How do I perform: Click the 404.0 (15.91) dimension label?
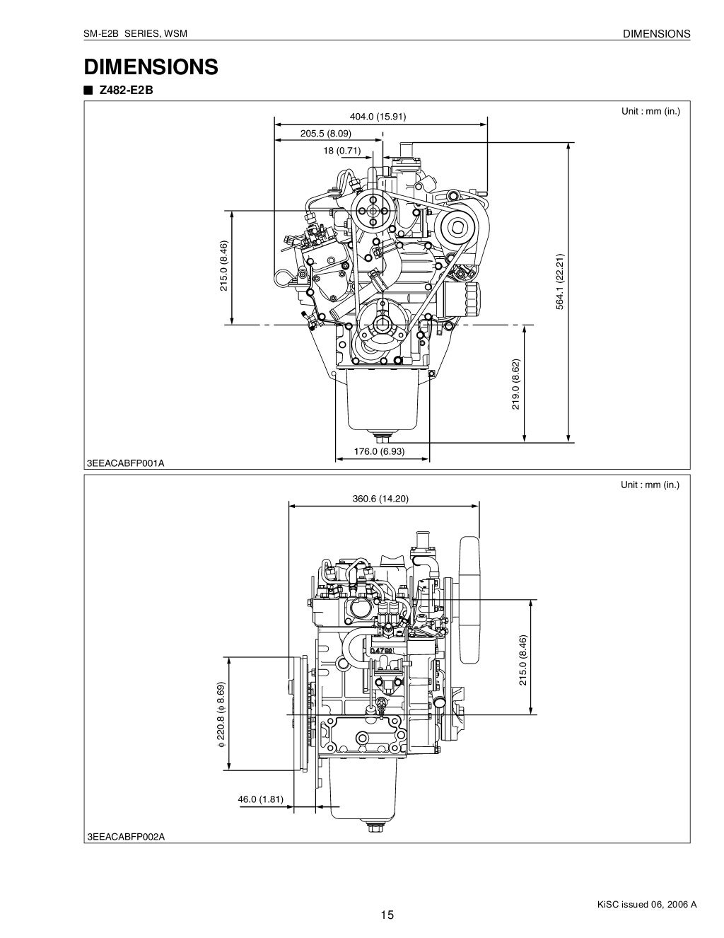(x=378, y=117)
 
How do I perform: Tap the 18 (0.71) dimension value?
(x=342, y=150)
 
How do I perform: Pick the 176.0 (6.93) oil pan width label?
(x=380, y=451)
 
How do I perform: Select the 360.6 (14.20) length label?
(x=380, y=499)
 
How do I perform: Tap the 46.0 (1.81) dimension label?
(x=260, y=800)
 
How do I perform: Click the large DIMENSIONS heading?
(x=151, y=67)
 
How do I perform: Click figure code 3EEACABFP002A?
(x=125, y=837)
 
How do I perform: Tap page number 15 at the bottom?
(x=387, y=915)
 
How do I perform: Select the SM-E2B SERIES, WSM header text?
(x=135, y=34)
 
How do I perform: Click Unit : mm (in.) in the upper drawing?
(x=650, y=111)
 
